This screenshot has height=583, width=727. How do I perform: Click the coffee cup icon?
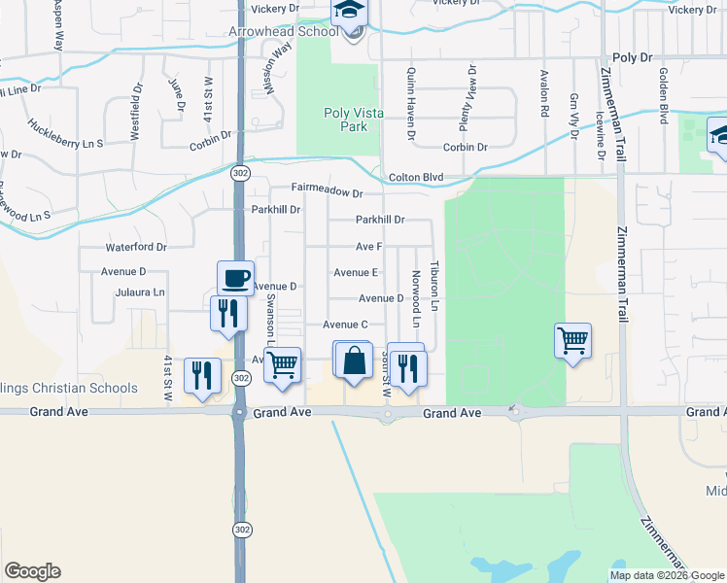coord(235,278)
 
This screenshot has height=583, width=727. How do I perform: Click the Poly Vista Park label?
coord(353,120)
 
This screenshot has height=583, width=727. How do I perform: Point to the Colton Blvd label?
coord(416,177)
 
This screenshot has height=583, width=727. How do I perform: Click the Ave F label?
coord(368,247)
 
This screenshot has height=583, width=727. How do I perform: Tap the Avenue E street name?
coord(356,273)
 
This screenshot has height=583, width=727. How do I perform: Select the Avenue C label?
coord(345,325)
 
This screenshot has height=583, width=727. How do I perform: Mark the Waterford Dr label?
coord(136,248)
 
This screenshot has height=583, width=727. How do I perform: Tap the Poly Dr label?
coord(633,58)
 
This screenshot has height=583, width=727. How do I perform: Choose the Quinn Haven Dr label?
coord(411,103)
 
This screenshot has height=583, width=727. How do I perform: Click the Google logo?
coord(32,571)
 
